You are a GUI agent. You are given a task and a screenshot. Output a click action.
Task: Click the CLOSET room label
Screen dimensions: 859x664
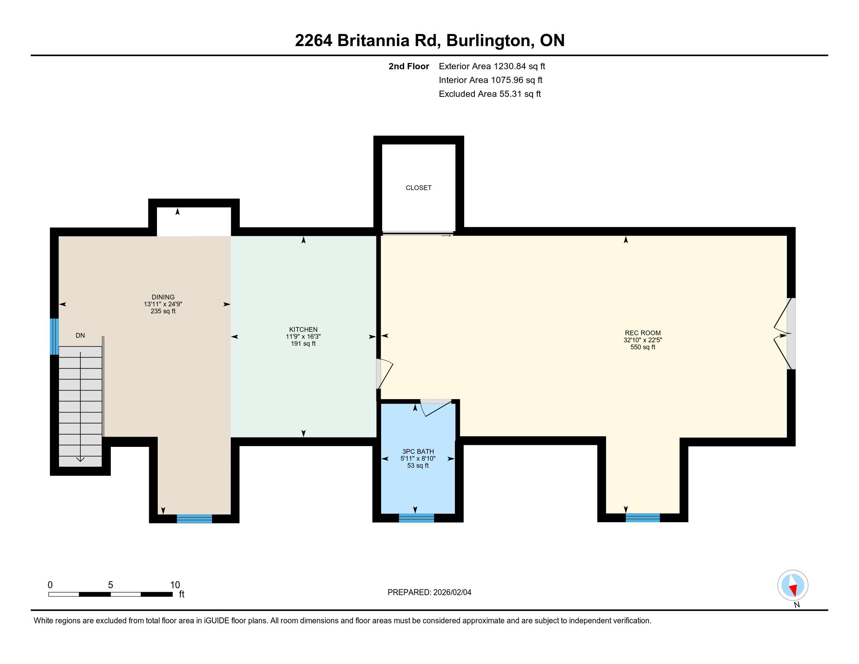pyautogui.click(x=419, y=188)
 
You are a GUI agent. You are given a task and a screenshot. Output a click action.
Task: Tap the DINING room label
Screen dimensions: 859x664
pyautogui.click(x=163, y=297)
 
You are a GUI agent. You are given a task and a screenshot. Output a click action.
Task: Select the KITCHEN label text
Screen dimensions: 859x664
pyautogui.click(x=303, y=330)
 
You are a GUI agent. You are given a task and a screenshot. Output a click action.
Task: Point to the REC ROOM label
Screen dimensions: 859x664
pyautogui.click(x=643, y=333)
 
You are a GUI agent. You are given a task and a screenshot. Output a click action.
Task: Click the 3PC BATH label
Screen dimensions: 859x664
pyautogui.click(x=418, y=452)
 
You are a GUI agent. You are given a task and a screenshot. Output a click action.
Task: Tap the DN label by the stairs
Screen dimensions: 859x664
pyautogui.click(x=80, y=336)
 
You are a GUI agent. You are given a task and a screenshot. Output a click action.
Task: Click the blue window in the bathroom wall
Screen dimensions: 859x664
pyautogui.click(x=417, y=518)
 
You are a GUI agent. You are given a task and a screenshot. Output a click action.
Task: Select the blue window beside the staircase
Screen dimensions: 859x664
pyautogui.click(x=54, y=336)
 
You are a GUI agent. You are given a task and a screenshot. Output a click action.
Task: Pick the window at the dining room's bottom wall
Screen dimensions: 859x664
pyautogui.click(x=194, y=519)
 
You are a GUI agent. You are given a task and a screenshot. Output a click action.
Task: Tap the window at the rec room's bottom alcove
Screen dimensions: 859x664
pyautogui.click(x=643, y=518)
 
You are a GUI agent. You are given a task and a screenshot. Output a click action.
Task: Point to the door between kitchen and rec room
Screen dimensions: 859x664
pyautogui.click(x=384, y=373)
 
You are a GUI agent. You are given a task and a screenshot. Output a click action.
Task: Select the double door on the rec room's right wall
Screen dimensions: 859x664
pyautogui.click(x=783, y=334)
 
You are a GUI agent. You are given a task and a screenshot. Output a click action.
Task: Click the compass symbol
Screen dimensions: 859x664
pyautogui.click(x=793, y=585)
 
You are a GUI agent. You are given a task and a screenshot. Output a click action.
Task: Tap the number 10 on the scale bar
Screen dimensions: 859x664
pyautogui.click(x=175, y=585)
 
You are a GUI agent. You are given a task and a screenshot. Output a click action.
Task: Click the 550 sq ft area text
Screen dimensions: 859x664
pyautogui.click(x=643, y=347)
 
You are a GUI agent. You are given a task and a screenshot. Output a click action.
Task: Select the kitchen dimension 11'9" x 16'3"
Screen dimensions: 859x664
pyautogui.click(x=303, y=337)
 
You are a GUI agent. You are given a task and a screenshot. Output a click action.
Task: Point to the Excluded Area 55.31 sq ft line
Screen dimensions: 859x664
pyautogui.click(x=490, y=94)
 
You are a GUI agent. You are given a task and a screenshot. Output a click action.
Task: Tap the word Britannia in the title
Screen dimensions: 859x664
pyautogui.click(x=373, y=41)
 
